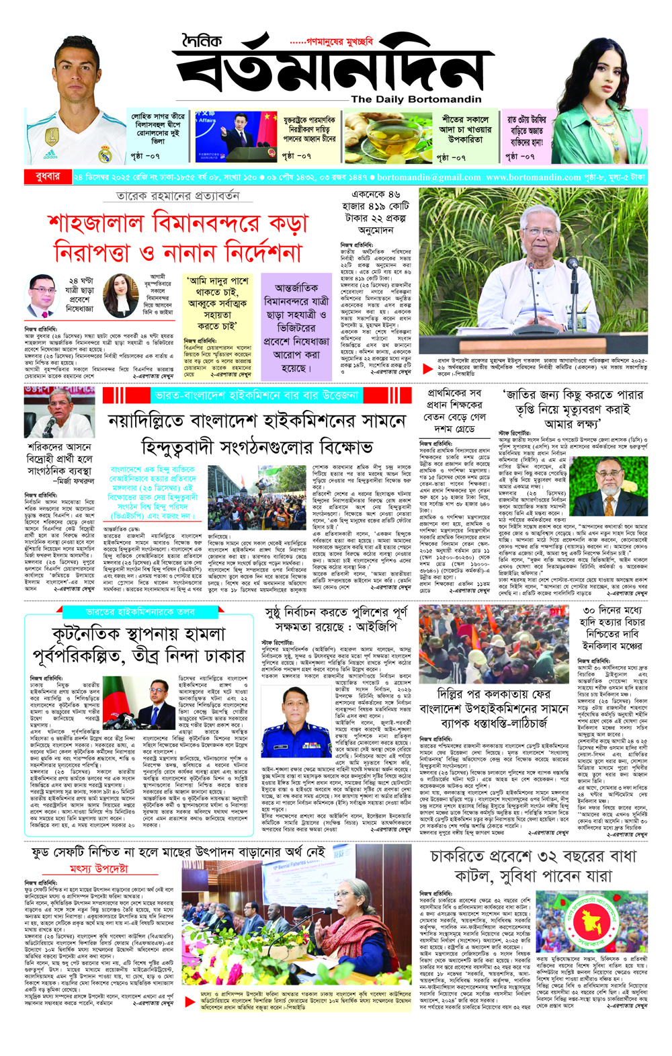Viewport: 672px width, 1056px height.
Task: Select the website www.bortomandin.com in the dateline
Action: click(533, 177)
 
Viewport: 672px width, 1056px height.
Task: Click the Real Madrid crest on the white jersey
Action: click(105, 155)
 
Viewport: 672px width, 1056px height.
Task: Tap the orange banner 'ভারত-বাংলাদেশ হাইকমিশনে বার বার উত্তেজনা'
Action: click(256, 395)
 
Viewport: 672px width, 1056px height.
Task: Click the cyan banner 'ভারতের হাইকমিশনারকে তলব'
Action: click(140, 612)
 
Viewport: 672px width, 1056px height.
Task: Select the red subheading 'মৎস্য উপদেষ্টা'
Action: click(99, 868)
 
